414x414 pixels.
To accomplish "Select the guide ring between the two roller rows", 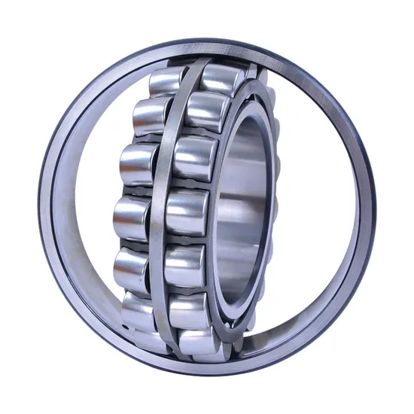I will (161, 211).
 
